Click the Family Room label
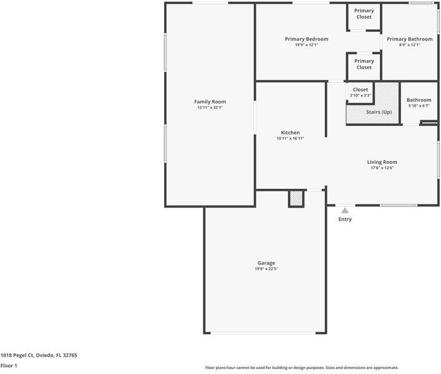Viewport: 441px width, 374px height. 210,102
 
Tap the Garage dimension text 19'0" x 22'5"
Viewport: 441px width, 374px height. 266,269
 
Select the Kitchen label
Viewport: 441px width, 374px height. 290,132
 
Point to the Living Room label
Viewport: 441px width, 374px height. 382,162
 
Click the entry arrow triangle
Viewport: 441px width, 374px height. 345,211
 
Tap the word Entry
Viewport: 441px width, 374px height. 345,219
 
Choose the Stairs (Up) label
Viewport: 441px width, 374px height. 379,112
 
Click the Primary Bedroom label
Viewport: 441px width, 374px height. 306,39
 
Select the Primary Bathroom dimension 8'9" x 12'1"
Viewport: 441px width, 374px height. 409,45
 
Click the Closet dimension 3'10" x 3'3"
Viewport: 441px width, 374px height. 361,95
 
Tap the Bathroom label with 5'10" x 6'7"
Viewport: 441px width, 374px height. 419,100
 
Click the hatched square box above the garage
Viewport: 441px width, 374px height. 296,199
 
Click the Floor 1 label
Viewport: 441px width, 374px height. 9,366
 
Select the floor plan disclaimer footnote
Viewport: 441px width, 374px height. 302,368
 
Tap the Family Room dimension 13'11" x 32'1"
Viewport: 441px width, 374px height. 210,108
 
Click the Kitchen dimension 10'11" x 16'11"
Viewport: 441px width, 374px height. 290,138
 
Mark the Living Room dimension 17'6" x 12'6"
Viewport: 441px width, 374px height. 382,168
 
